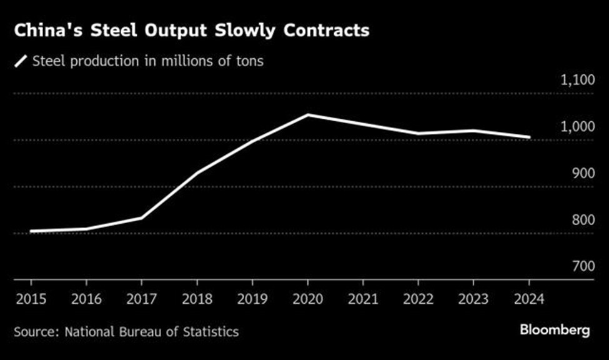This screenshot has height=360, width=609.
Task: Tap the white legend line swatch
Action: click(22, 61)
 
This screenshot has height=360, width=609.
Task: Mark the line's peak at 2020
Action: click(307, 115)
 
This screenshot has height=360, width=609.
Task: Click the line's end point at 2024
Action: click(530, 137)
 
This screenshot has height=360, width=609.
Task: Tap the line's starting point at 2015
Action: click(30, 231)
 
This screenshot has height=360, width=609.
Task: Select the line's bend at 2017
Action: click(142, 217)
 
